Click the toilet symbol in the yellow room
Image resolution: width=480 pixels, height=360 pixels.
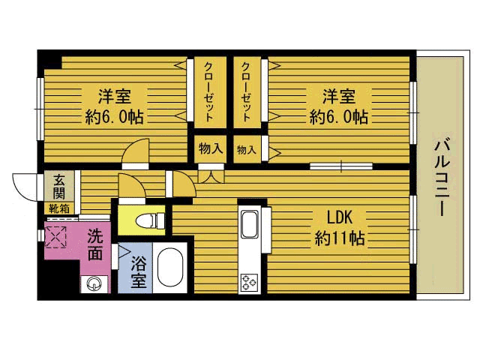point(150,220)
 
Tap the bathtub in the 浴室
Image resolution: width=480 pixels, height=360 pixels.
point(170,267)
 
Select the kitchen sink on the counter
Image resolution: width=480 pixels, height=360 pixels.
point(250,224)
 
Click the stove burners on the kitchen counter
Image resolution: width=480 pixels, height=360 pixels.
point(249,282)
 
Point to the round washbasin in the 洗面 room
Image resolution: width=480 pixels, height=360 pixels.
point(94,283)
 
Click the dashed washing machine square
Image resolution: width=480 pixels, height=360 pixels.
point(55,237)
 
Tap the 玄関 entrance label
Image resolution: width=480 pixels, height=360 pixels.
point(59,187)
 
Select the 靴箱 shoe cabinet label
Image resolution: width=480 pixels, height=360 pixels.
point(59,208)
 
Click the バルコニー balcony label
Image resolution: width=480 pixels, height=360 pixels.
point(442,178)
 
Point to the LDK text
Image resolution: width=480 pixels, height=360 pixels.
point(340,217)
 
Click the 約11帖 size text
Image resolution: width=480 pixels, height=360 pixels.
point(340,238)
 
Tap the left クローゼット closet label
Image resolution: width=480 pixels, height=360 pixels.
point(208,91)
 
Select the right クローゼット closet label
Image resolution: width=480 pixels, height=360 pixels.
point(247,91)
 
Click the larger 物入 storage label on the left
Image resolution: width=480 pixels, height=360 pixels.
point(211,148)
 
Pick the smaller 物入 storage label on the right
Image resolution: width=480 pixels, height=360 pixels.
point(247,150)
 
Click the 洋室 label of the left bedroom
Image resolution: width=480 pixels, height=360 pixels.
point(115,96)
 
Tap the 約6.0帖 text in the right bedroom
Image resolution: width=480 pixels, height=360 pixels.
point(338,117)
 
